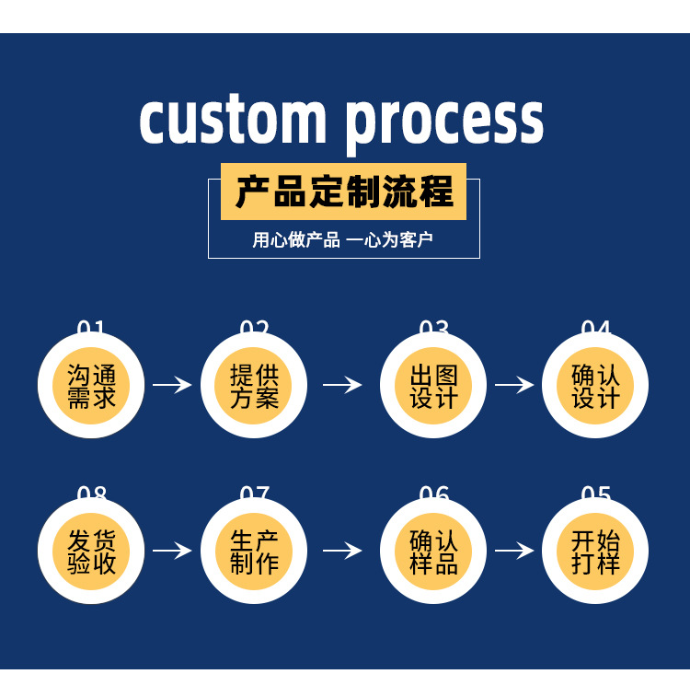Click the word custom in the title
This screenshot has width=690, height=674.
(234, 120)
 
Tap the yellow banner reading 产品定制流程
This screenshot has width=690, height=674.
(343, 192)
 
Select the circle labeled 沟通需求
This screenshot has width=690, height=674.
(92, 387)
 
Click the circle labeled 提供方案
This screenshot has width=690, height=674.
(254, 387)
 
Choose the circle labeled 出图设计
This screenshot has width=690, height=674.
(433, 387)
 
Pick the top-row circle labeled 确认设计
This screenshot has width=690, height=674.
(596, 387)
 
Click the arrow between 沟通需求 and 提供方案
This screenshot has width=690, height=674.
(172, 385)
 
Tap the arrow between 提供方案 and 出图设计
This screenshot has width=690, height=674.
(342, 385)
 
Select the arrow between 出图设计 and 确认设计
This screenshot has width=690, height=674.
(514, 385)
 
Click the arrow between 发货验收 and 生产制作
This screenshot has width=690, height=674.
(172, 551)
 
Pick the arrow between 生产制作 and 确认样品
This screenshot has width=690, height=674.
(342, 551)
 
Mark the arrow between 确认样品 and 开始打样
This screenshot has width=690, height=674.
(514, 551)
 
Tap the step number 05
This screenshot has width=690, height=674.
(596, 494)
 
